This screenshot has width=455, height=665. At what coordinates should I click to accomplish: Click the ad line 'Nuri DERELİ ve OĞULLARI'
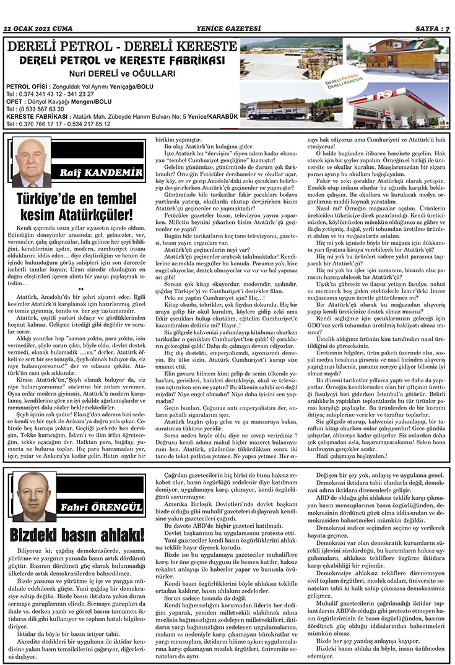tap(121, 72)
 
